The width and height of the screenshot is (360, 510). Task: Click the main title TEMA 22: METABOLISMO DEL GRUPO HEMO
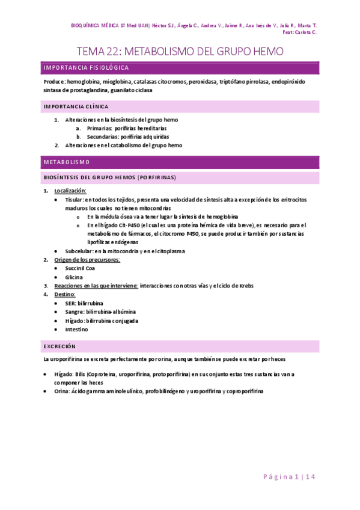point(180,52)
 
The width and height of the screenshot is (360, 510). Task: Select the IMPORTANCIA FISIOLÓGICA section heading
point(85,68)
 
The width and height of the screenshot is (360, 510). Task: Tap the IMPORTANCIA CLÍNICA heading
point(76,106)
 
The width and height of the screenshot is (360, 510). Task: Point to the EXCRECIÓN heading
point(59,346)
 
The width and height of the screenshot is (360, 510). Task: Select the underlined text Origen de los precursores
point(87,260)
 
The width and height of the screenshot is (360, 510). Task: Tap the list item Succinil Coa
point(80,268)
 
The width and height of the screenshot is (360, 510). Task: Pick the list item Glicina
point(75,277)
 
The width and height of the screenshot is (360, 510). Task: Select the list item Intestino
point(76,330)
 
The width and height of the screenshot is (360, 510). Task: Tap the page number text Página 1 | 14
point(290,477)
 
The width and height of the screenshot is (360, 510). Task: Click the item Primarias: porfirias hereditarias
point(127,128)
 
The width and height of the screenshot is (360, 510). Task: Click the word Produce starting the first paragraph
point(54,81)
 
